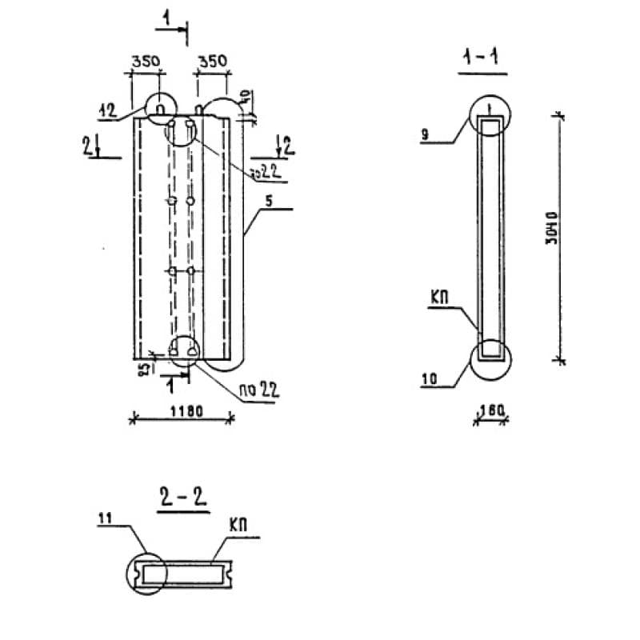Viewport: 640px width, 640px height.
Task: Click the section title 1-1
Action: click(x=482, y=58)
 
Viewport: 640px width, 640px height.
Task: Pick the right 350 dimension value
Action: click(x=212, y=61)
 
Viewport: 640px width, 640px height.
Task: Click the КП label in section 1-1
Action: click(x=439, y=297)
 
